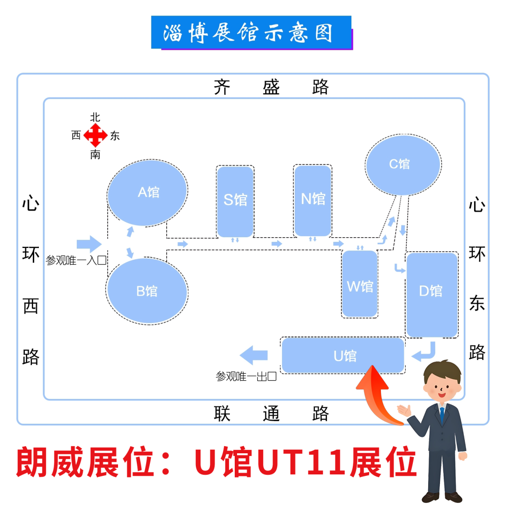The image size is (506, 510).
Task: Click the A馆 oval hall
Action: pos(148,192)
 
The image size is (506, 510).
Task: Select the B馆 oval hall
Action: pos(147,291)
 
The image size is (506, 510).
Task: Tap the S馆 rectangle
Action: pos(235,201)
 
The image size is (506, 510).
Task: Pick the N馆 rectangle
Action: pos(313,200)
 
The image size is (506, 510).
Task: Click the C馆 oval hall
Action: pos(402,165)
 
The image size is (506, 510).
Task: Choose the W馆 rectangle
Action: pos(359,284)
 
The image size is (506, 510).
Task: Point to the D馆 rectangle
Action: pos(432,294)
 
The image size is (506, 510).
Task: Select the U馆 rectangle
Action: pos(343,356)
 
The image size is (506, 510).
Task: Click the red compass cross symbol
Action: pos(96,136)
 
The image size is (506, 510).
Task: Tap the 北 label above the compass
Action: pos(95,117)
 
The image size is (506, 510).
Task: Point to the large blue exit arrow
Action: pos(254,355)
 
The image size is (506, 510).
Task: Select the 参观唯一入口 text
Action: pos(76,261)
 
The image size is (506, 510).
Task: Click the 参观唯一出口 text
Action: pos(246,376)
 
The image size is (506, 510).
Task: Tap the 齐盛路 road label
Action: pos(271,87)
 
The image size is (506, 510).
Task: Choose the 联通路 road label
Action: pos(271,413)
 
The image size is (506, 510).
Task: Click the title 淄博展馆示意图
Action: pos(251,32)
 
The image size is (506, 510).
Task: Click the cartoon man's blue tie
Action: pos(442,415)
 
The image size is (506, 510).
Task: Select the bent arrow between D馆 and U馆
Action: pos(425,352)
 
